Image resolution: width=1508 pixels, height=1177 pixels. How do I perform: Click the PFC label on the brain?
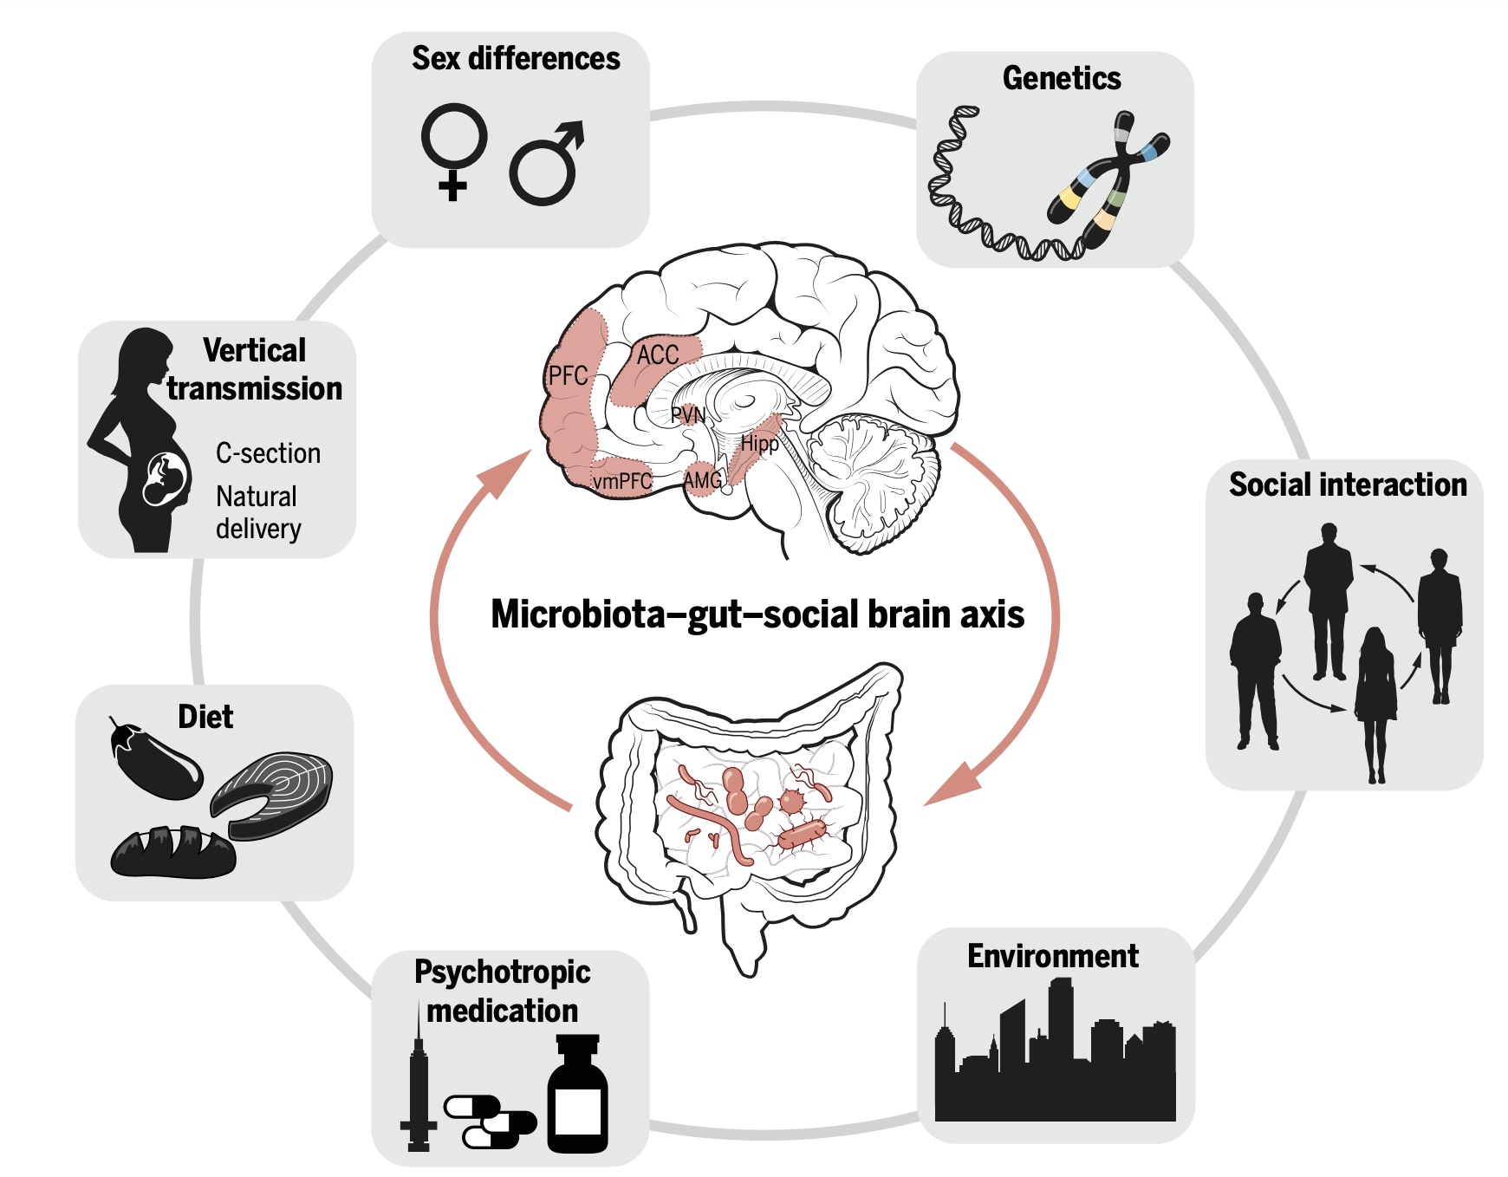click(568, 376)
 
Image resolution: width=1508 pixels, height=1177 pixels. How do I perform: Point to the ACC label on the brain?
click(657, 354)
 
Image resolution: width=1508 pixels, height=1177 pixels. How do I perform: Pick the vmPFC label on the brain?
click(621, 482)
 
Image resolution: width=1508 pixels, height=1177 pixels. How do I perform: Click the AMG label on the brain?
click(702, 480)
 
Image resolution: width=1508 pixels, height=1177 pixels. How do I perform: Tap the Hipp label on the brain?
click(759, 444)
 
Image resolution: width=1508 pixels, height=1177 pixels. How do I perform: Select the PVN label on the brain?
click(688, 415)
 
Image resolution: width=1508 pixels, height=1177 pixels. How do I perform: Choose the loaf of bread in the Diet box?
click(173, 853)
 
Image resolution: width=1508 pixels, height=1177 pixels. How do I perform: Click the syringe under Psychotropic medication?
click(419, 1083)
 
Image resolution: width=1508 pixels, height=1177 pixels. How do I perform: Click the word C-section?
click(268, 453)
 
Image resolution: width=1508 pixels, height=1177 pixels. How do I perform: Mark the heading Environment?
click(1052, 956)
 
